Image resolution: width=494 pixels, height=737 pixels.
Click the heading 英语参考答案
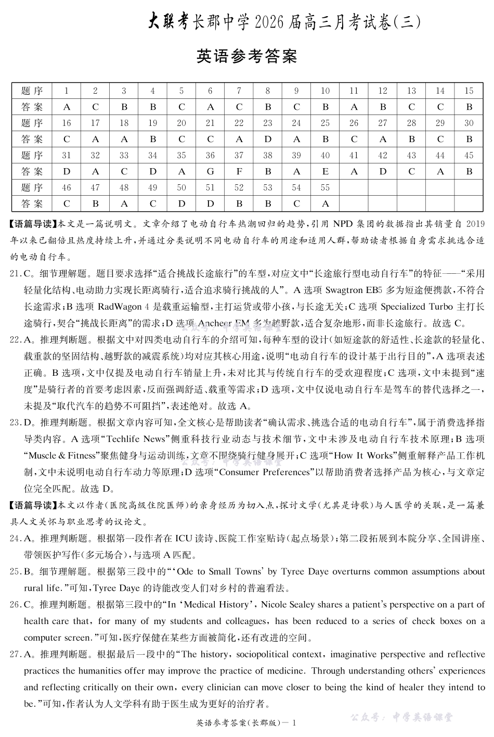pos(246,56)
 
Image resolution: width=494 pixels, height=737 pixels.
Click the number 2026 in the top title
pos(274,22)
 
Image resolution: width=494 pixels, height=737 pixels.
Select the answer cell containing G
pos(210,171)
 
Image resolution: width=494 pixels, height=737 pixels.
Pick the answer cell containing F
pos(239,171)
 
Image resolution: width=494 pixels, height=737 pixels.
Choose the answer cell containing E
pos(325,171)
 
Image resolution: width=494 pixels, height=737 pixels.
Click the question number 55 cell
pos(325,187)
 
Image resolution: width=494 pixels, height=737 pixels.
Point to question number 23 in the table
pos(267,123)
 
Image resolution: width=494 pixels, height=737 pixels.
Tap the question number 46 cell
pos(67,187)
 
